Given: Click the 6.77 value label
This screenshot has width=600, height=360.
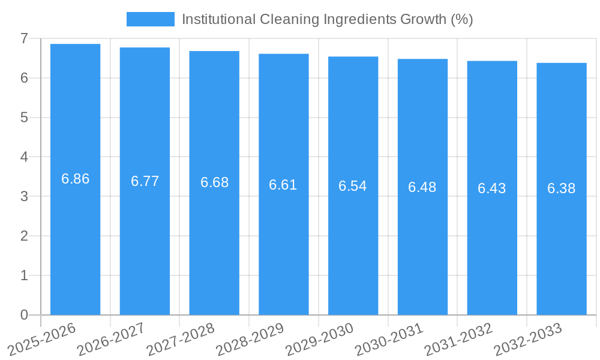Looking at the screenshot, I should pos(145,181).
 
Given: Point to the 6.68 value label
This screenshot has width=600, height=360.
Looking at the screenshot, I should pos(214,182).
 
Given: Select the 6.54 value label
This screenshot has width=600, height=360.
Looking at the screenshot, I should pos(352,186).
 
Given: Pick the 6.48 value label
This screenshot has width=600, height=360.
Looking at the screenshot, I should pos(422,187).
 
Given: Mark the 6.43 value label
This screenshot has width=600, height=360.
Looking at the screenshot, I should pos(491,188).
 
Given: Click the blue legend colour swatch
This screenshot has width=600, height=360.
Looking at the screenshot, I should pos(150,19).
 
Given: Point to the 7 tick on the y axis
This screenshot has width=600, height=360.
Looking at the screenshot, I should pos(24,38).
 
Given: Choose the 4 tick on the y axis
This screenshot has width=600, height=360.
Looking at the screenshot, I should pos(24,157).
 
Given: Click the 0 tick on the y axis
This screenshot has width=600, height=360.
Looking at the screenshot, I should pos(24,315).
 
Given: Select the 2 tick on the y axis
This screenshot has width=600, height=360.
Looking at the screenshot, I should pos(24,236).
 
